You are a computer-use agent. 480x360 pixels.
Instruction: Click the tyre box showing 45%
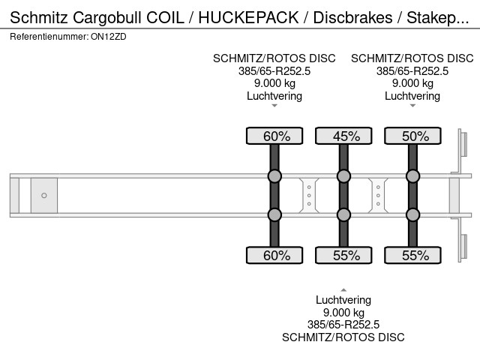343,136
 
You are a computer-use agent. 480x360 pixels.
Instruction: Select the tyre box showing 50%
412,136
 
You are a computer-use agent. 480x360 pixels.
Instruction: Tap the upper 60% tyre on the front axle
274,136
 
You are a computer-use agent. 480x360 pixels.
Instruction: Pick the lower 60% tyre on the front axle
274,255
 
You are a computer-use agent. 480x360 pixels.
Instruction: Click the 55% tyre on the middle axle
343,255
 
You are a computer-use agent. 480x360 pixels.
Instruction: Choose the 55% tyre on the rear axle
412,255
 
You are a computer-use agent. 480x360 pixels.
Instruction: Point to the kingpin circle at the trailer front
44,196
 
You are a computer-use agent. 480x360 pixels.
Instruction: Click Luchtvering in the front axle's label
274,96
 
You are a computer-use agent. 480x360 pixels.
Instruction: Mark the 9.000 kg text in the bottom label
343,313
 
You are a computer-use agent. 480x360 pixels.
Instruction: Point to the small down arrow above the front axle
274,106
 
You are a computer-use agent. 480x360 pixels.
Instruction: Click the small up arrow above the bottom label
343,289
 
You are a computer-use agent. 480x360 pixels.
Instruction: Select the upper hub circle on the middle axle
343,177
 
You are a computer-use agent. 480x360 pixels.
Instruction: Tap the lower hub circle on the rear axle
412,215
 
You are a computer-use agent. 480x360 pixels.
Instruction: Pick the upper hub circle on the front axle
274,177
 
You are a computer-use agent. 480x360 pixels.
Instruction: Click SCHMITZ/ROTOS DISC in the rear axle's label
412,58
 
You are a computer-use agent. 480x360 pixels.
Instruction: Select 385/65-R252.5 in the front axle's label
274,71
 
